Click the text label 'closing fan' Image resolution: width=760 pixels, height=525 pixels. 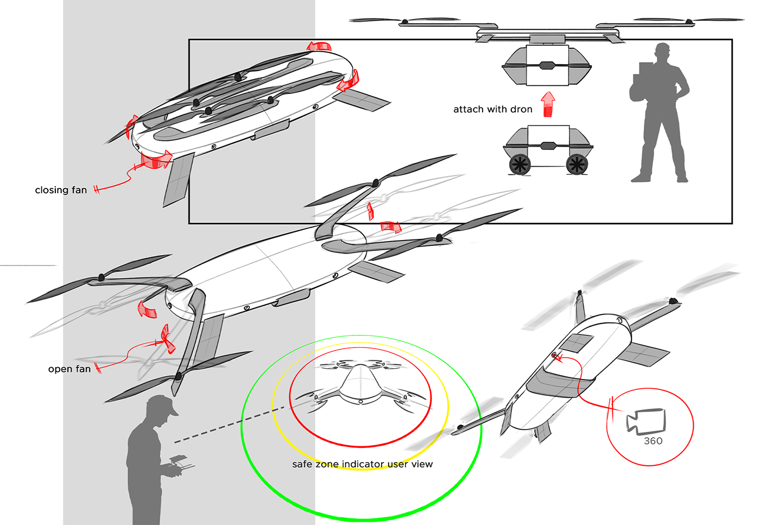pyautogui.click(x=61, y=190)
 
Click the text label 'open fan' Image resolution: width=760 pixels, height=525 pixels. pyautogui.click(x=69, y=369)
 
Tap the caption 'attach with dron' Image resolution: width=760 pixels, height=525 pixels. pyautogui.click(x=493, y=109)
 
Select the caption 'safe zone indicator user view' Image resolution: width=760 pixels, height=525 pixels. pyautogui.click(x=363, y=464)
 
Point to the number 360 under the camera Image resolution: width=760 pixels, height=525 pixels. pyautogui.click(x=653, y=441)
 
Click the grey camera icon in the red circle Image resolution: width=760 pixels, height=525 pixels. pyautogui.click(x=645, y=422)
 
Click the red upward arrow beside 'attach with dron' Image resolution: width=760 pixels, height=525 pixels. pyautogui.click(x=548, y=105)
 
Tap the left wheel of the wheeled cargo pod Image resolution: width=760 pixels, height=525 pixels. pyautogui.click(x=520, y=165)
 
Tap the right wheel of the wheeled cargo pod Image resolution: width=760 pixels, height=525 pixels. pyautogui.click(x=577, y=165)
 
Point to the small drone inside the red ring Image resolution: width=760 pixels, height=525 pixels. pyautogui.click(x=360, y=387)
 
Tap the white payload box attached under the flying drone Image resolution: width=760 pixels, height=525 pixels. pyautogui.click(x=547, y=65)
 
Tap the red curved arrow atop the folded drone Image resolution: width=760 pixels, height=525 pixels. pyautogui.click(x=319, y=46)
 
